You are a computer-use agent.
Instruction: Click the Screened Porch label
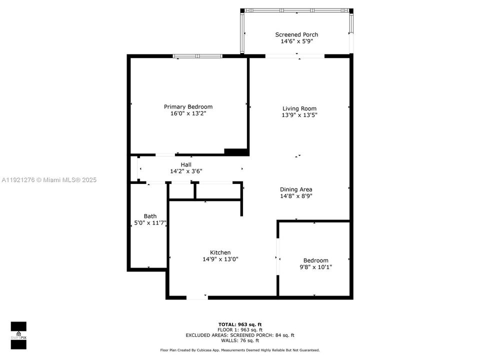click(x=296, y=34)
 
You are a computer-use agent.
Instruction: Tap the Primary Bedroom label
click(x=188, y=106)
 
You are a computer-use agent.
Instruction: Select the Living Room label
click(x=299, y=108)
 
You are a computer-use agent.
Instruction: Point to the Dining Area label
click(x=296, y=189)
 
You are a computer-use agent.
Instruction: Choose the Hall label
click(x=186, y=164)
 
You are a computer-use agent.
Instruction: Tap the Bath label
click(x=150, y=216)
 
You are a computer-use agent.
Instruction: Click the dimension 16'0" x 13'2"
click(x=188, y=113)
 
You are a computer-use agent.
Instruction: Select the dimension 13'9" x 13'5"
click(x=299, y=115)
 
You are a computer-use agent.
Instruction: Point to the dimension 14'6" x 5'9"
click(x=296, y=41)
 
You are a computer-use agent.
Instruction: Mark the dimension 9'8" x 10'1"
click(x=315, y=267)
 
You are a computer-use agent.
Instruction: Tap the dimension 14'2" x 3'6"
click(x=186, y=171)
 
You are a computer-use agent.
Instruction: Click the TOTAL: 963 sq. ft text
click(x=240, y=324)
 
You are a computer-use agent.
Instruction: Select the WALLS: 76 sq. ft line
click(x=240, y=340)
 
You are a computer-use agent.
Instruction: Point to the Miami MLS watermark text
click(x=49, y=180)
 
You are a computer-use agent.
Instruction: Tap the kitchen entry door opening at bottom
click(x=197, y=297)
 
